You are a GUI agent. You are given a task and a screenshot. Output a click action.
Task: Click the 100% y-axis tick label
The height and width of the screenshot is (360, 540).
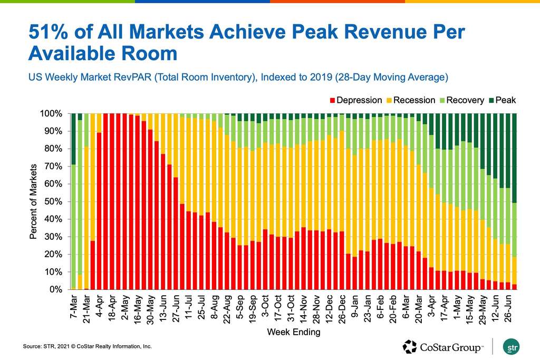[52, 114]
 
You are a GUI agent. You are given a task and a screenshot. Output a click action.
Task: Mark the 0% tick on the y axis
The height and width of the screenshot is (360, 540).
[56, 290]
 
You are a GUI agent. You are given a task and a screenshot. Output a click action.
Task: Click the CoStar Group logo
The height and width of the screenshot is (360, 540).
[443, 347]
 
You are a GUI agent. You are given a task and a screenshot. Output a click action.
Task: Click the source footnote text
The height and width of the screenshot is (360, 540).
[88, 347]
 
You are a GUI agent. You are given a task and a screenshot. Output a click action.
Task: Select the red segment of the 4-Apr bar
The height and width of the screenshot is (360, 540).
[98, 211]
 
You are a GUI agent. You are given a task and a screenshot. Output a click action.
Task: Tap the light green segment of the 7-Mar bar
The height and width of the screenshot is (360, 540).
[73, 227]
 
